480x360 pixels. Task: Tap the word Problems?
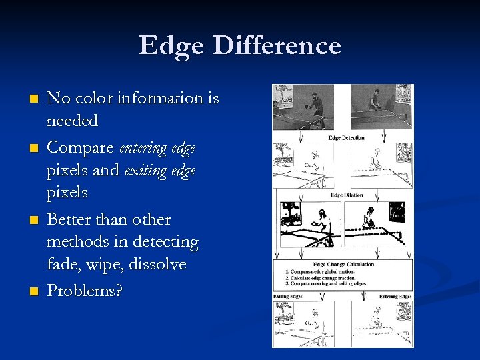tap(85, 291)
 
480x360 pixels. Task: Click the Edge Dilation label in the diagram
tap(345, 195)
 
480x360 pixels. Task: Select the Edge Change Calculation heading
tap(343, 265)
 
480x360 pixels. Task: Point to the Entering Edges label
tap(395, 295)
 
